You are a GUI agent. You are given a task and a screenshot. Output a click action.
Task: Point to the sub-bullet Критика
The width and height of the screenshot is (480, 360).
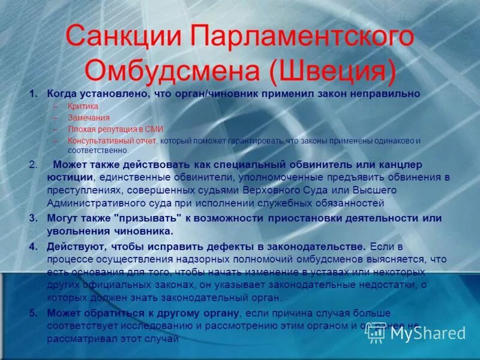pyautogui.click(x=82, y=106)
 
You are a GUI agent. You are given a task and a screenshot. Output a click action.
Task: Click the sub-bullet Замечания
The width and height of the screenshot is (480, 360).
pyautogui.click(x=89, y=118)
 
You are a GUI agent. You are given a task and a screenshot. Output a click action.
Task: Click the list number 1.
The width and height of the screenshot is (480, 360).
pyautogui.click(x=34, y=94)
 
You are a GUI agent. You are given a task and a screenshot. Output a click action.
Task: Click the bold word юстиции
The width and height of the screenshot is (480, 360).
pyautogui.click(x=70, y=178)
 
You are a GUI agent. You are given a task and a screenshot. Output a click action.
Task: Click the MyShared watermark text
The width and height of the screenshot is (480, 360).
pyautogui.click(x=428, y=333)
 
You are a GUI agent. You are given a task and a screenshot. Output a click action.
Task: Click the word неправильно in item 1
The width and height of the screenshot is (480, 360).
pyautogui.click(x=387, y=94)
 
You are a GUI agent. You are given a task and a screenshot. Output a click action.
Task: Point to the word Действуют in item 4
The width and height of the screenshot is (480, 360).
pyautogui.click(x=74, y=247)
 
